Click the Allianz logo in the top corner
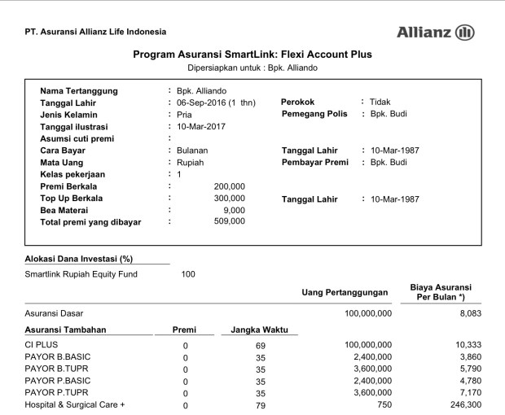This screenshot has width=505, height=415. pyautogui.click(x=435, y=33)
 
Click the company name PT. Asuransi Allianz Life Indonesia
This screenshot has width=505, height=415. pyautogui.click(x=96, y=32)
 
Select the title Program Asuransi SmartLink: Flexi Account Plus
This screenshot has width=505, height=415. pyautogui.click(x=252, y=55)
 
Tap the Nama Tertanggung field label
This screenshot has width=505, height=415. pyautogui.click(x=79, y=90)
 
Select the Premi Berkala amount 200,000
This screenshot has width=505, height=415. pyautogui.click(x=229, y=186)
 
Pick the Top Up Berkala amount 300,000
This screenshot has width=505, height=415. pyautogui.click(x=229, y=198)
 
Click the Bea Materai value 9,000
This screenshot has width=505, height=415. pyautogui.click(x=232, y=210)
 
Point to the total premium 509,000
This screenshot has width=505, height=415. pyautogui.click(x=229, y=221)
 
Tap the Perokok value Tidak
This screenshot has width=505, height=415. pyautogui.click(x=380, y=102)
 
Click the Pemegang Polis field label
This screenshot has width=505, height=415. pyautogui.click(x=314, y=114)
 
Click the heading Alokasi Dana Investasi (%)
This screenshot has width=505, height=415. pyautogui.click(x=79, y=259)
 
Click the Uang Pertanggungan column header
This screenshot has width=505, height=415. pyautogui.click(x=347, y=292)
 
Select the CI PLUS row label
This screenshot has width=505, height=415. pyautogui.click(x=42, y=346)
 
